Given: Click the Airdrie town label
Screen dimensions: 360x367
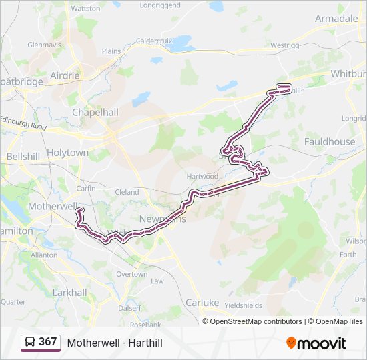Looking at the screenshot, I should pyautogui.click(x=64, y=75).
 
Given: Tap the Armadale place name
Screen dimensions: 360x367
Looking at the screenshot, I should pyautogui.click(x=336, y=18).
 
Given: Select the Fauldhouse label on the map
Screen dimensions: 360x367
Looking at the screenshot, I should pyautogui.click(x=329, y=141).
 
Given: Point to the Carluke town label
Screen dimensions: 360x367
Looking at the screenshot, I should pyautogui.click(x=202, y=302).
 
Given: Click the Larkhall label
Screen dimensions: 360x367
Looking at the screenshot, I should pyautogui.click(x=70, y=292).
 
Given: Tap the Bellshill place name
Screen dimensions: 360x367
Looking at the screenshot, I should pyautogui.click(x=23, y=156).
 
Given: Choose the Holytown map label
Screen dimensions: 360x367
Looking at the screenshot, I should pyautogui.click(x=67, y=153).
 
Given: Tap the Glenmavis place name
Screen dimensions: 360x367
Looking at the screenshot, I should pyautogui.click(x=44, y=45).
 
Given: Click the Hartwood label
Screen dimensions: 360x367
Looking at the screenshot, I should pyautogui.click(x=202, y=176).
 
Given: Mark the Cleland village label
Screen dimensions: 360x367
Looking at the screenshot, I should pyautogui.click(x=127, y=192).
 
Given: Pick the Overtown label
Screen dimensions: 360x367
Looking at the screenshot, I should pyautogui.click(x=131, y=274).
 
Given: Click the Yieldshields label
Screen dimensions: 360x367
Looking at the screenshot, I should pyautogui.click(x=244, y=305).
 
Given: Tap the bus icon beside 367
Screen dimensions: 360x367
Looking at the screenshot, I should pyautogui.click(x=30, y=342).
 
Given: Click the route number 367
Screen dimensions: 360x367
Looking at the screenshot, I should pyautogui.click(x=47, y=342).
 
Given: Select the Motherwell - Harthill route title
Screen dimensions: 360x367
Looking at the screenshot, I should pyautogui.click(x=115, y=343).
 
